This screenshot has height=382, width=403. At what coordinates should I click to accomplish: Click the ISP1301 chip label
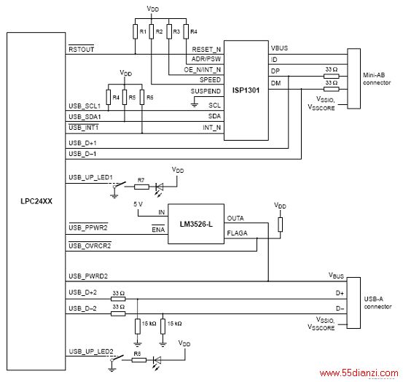pos(246,90)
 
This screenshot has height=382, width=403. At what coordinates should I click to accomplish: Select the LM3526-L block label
pos(196,224)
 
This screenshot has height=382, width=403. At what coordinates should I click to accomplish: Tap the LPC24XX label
pos(36,201)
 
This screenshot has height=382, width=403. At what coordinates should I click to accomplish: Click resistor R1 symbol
pos(136,31)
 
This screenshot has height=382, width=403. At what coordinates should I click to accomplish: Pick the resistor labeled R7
pos(141,187)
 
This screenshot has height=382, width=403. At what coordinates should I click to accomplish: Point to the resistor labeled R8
pos(139,360)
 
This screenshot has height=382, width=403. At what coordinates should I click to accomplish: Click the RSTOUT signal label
pos(81,49)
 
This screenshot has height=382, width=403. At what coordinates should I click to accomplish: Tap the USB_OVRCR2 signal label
pos(90,246)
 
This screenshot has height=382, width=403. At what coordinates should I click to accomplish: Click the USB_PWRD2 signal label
pos(88,276)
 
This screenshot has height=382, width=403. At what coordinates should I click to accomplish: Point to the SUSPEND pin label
pos(206,91)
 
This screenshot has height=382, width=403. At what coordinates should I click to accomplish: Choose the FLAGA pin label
pos(237,233)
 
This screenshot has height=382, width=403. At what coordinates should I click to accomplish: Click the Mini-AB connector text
pos(377,79)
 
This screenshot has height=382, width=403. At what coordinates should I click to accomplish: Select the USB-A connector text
pos(377,303)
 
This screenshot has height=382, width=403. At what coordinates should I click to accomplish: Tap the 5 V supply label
pos(138,204)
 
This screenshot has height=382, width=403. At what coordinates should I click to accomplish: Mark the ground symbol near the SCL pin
pos(195,104)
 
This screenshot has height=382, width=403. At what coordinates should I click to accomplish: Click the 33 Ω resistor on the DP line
pos(332,76)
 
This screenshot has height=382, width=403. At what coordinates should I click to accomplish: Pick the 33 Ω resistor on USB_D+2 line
pos(118,299)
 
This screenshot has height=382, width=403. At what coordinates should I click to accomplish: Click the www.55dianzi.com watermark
pos(359,373)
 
